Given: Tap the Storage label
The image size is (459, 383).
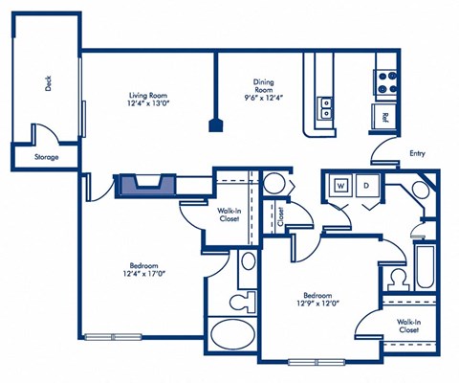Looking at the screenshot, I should pos(46,157).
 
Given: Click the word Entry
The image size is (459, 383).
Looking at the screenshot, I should pos(417,152).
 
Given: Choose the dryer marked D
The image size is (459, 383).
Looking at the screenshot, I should pos(366,185).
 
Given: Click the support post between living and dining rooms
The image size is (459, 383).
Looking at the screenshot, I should pos(216,124).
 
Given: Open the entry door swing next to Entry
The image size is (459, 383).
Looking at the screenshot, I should pos(383,152).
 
